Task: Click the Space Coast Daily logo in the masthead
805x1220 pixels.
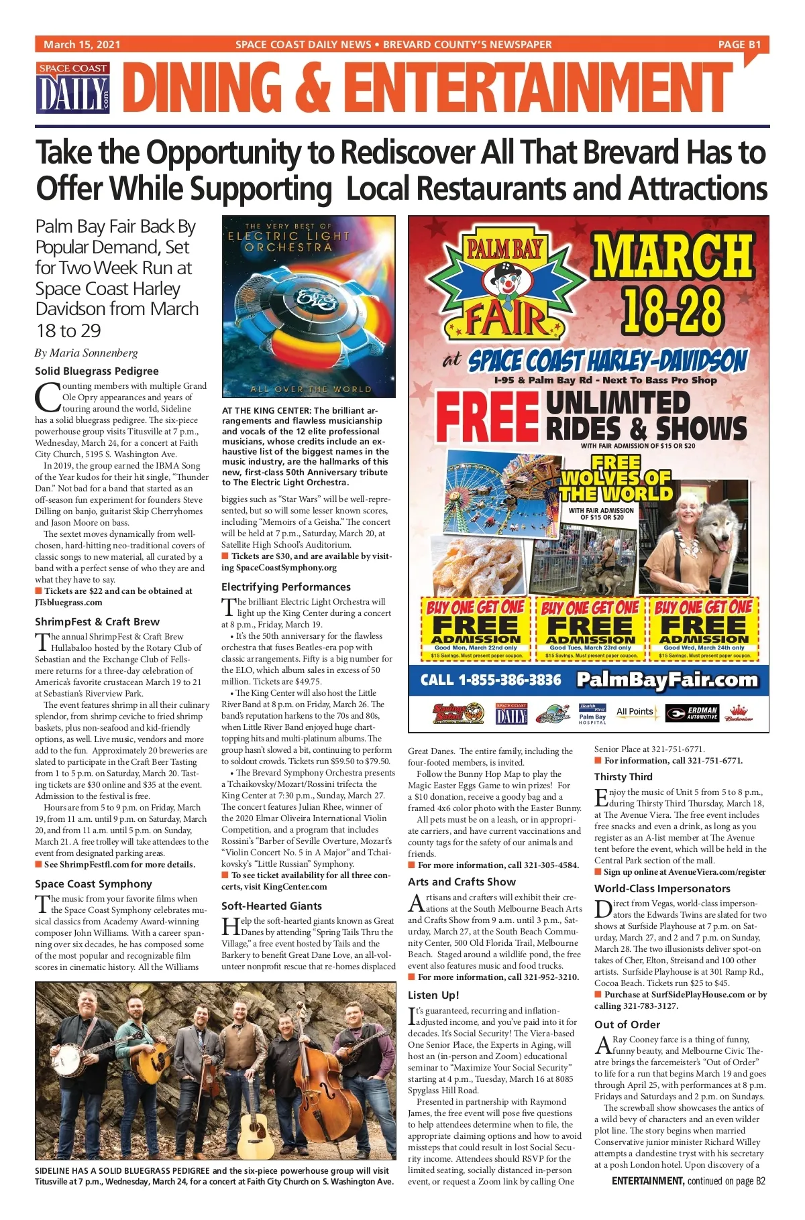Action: (73, 88)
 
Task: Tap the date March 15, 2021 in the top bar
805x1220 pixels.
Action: (82, 45)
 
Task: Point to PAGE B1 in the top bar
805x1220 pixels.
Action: (739, 45)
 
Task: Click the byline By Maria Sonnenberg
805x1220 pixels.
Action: (87, 353)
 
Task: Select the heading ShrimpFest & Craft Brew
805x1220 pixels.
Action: (97, 621)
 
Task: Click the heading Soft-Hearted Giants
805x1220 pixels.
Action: (272, 906)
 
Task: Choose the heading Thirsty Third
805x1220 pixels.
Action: (623, 777)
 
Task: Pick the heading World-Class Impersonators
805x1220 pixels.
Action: (662, 889)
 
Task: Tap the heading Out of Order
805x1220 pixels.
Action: (627, 1024)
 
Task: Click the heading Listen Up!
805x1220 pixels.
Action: (433, 995)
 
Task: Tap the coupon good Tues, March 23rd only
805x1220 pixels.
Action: (590, 629)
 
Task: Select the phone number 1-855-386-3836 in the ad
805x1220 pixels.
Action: (490, 680)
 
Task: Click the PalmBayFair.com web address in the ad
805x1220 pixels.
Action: (667, 680)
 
